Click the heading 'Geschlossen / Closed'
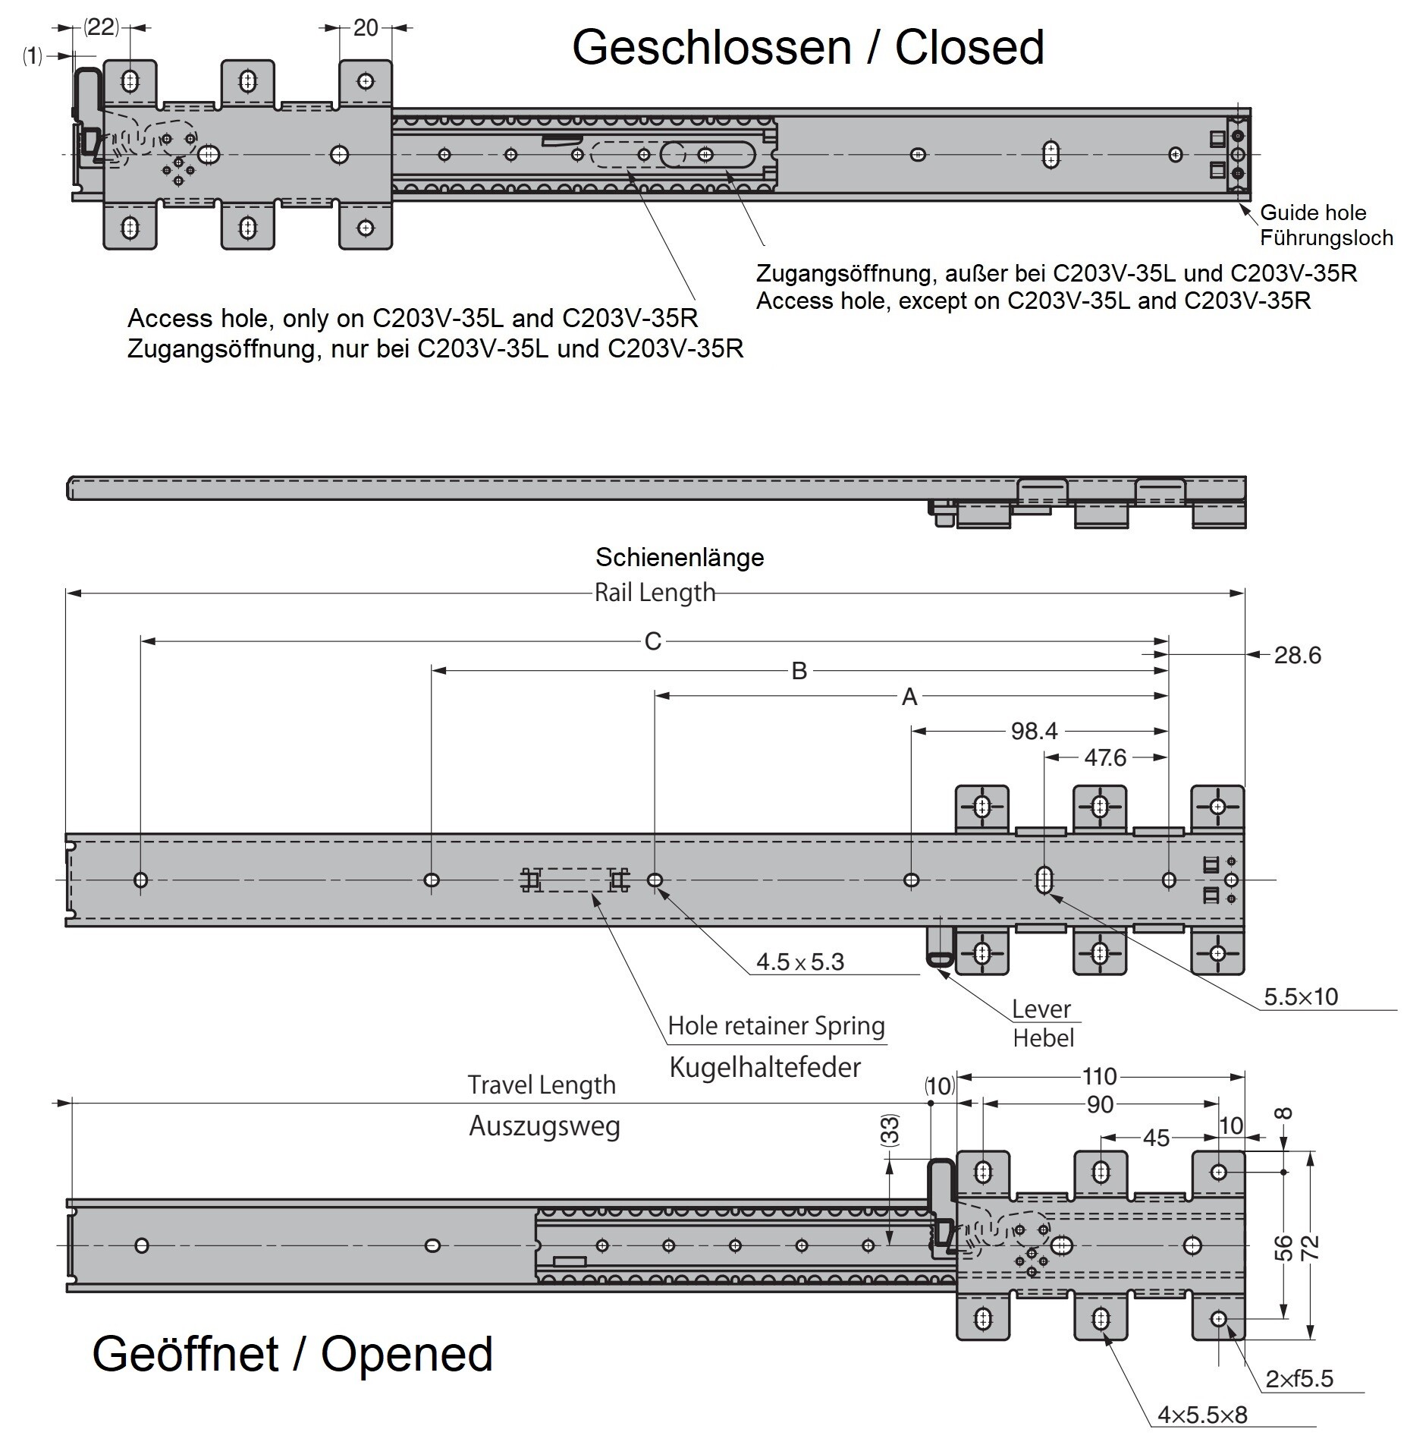tap(808, 48)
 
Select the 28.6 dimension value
tap(1297, 655)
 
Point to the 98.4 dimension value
tap(1034, 731)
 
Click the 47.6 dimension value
tap(1104, 757)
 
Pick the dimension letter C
tap(652, 642)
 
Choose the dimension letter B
tap(799, 671)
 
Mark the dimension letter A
tap(909, 697)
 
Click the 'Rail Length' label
tap(655, 593)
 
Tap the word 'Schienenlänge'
tap(680, 558)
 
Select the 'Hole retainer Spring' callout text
tap(776, 1026)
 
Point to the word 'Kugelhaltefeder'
tap(765, 1068)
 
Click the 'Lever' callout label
tap(1041, 1009)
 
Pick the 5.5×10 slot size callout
tap(1301, 996)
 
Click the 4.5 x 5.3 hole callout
tap(799, 962)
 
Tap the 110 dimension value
tap(1099, 1076)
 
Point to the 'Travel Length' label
tap(542, 1085)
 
